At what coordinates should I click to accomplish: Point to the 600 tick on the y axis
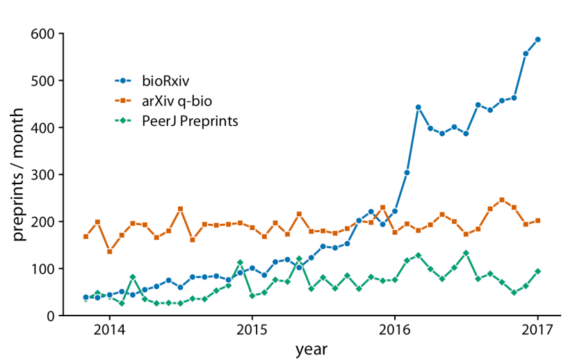pyautogui.click(x=43, y=33)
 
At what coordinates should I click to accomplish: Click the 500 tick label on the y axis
pyautogui.click(x=43, y=81)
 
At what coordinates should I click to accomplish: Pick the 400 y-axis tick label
pyautogui.click(x=43, y=127)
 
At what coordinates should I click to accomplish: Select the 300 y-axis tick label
pyautogui.click(x=43, y=174)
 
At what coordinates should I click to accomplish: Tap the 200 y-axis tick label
pyautogui.click(x=43, y=222)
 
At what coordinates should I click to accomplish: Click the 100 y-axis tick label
pyautogui.click(x=43, y=269)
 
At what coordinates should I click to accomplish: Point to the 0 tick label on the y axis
pyautogui.click(x=51, y=316)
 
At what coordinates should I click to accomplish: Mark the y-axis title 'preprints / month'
pyautogui.click(x=19, y=174)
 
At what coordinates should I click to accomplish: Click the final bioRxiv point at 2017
pyautogui.click(x=537, y=40)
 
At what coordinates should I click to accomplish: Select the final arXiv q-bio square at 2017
pyautogui.click(x=537, y=221)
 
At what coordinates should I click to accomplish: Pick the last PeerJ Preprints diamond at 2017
pyautogui.click(x=537, y=271)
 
